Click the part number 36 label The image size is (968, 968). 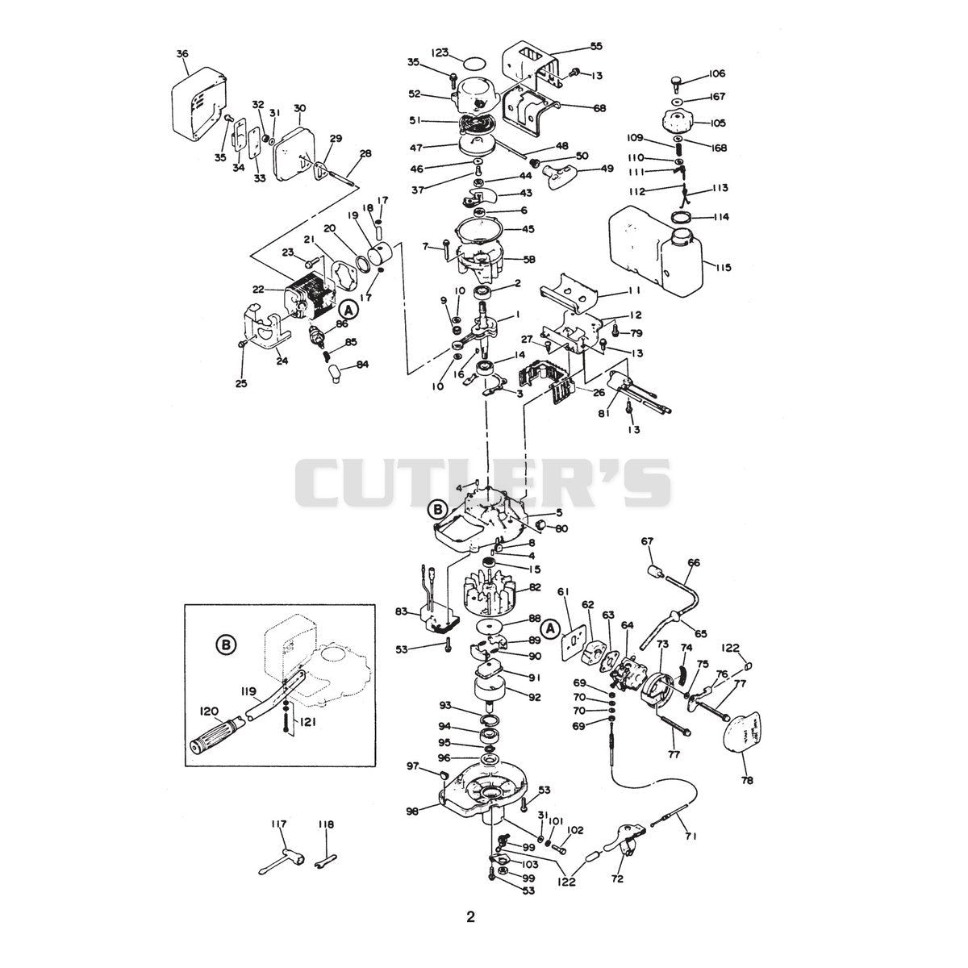click(x=182, y=54)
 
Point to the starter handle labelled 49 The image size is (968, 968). click(x=556, y=177)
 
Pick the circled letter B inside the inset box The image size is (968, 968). click(x=226, y=645)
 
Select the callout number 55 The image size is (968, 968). click(x=596, y=46)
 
